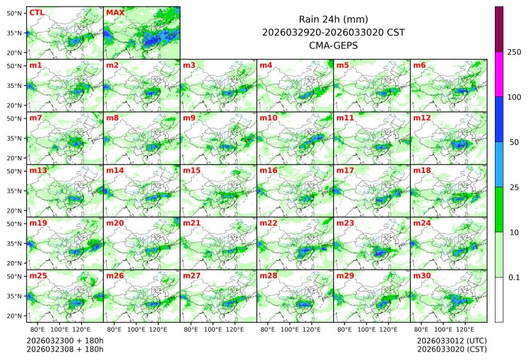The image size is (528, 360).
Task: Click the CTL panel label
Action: click(37, 12)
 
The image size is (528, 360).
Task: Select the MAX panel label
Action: click(115, 12)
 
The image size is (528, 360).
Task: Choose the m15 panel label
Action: click(192, 170)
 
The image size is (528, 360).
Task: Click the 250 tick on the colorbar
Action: click(514, 52)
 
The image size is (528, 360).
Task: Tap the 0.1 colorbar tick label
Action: click(514, 278)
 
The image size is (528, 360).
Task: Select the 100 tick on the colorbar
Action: click(514, 97)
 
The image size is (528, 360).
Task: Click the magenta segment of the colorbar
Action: click(499, 74)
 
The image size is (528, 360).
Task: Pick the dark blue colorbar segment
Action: click(499, 119)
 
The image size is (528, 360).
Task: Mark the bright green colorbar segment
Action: click(499, 209)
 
